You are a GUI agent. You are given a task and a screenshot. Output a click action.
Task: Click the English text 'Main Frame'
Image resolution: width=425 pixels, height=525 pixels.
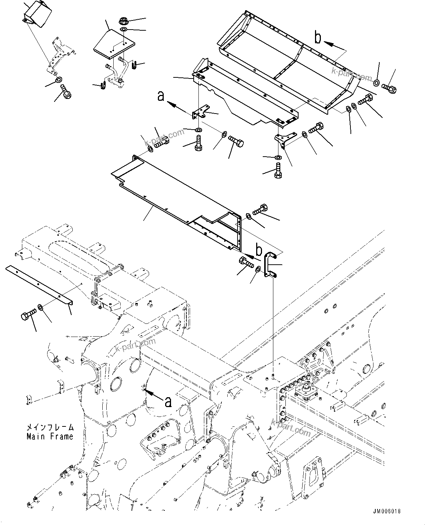(x=50, y=436)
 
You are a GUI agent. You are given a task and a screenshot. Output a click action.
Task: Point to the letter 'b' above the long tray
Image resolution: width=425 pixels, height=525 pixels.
(x=318, y=38)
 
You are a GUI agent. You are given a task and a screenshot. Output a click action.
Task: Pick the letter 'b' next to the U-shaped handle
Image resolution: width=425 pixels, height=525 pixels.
(x=259, y=250)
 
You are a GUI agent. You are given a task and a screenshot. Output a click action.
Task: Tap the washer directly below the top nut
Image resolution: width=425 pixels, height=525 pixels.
(x=124, y=29)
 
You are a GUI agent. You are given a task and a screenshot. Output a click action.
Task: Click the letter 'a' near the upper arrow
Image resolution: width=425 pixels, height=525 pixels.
(x=160, y=96)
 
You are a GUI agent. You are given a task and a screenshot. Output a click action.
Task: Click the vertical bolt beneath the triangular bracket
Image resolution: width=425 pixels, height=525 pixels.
(x=278, y=171)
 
